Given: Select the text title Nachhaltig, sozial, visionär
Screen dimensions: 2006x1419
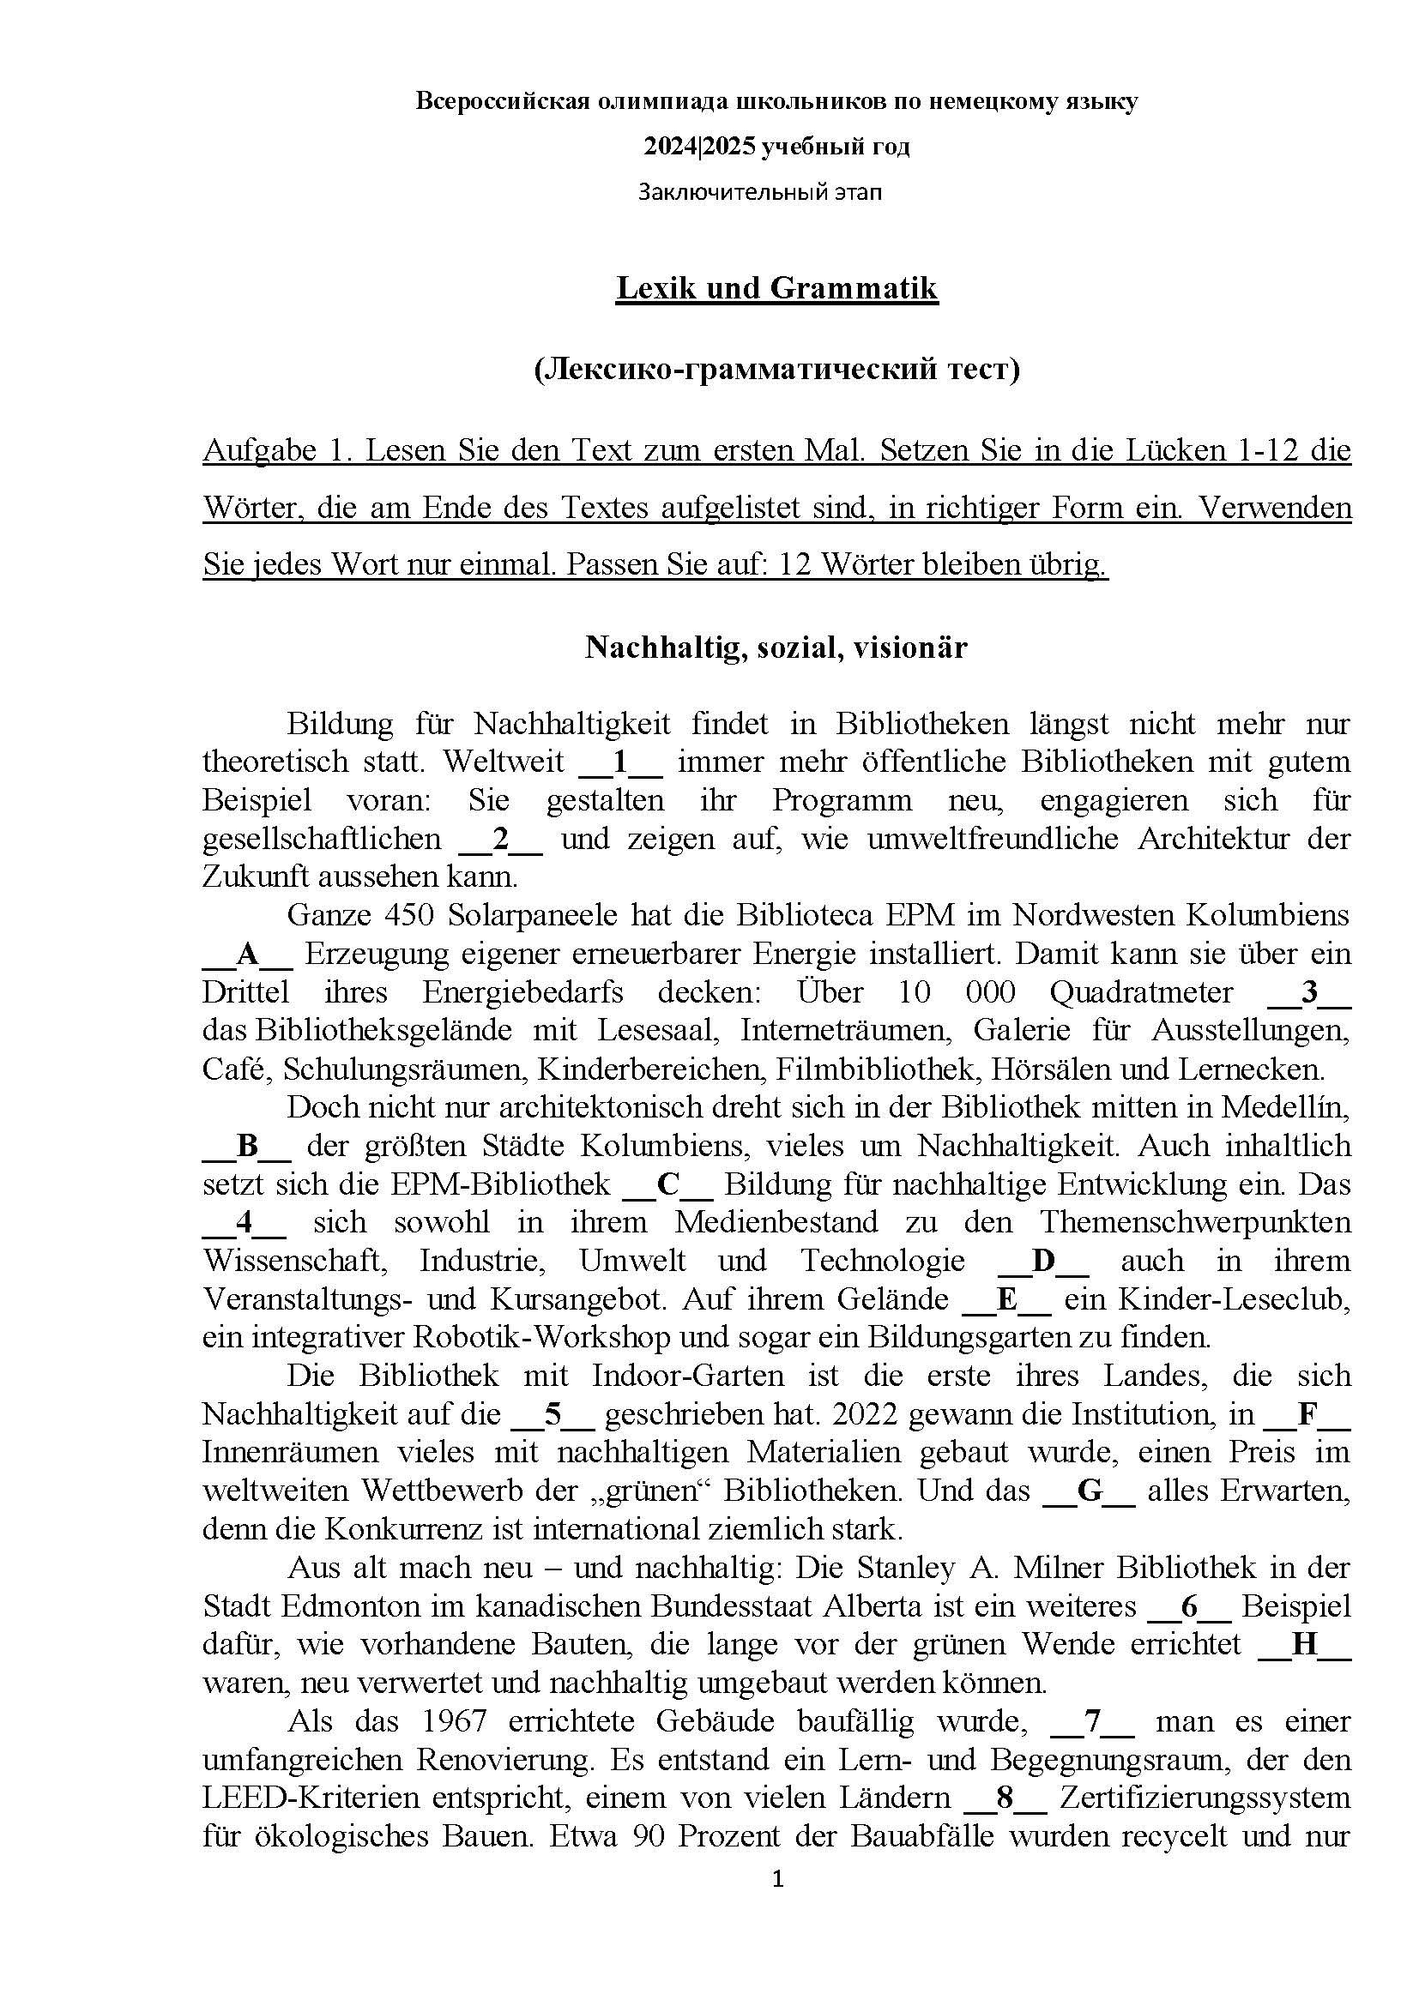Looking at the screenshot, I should click(x=776, y=648).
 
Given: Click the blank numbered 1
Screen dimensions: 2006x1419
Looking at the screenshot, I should click(x=621, y=762).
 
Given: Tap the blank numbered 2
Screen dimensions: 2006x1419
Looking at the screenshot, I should click(x=501, y=839).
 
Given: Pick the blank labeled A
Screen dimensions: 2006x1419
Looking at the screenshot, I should click(x=247, y=954).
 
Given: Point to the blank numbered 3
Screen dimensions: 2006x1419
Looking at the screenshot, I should click(x=1308, y=992).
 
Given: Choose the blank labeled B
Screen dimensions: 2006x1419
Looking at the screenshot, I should click(x=247, y=1147).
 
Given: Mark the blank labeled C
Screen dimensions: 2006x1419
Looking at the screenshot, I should click(x=667, y=1184).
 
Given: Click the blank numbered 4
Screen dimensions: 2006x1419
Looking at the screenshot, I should click(x=245, y=1223).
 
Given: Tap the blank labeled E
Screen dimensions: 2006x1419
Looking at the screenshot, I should click(x=1006, y=1300).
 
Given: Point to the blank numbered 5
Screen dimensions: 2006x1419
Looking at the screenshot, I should click(x=553, y=1415).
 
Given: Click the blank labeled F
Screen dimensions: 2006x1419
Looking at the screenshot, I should click(x=1308, y=1415).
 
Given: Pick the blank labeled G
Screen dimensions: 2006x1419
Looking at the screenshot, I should click(x=1090, y=1491).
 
